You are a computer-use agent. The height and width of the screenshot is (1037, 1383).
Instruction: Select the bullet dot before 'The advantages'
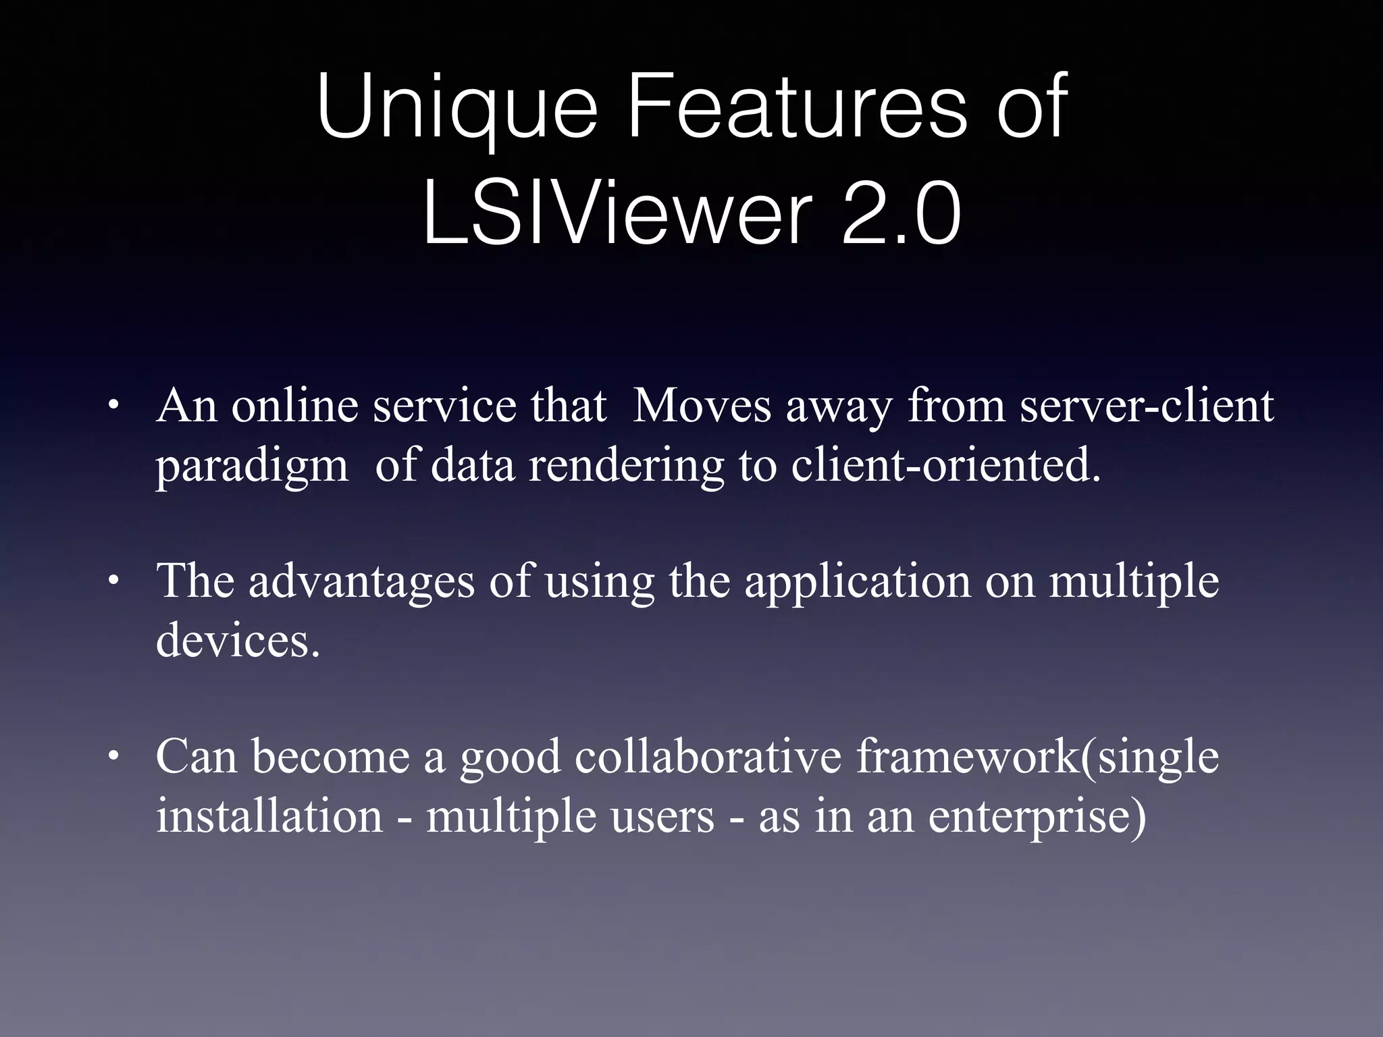[113, 581]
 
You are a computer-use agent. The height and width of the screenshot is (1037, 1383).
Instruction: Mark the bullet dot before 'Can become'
[113, 757]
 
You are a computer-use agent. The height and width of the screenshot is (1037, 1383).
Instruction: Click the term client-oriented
[945, 466]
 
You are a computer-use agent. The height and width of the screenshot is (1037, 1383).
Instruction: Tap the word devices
[237, 640]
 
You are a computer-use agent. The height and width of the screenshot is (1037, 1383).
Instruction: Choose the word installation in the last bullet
[269, 816]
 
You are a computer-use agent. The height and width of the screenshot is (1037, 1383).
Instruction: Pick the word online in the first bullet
[294, 406]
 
